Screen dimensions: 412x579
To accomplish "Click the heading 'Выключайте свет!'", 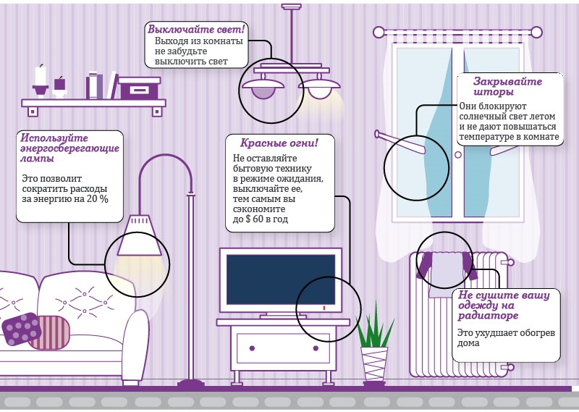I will point(196,30).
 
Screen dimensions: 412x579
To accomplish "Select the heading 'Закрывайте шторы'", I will point(507,87).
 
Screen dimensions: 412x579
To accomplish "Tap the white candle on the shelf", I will point(41,75).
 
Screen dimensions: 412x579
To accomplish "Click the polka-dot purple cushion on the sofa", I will point(21,329).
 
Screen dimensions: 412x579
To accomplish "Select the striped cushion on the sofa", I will point(51,332).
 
